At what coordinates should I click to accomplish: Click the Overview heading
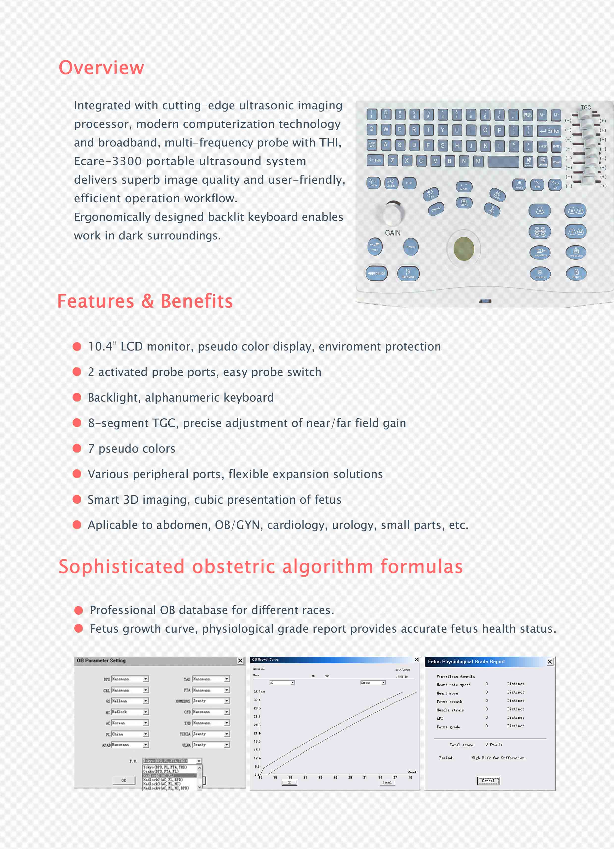pyautogui.click(x=101, y=68)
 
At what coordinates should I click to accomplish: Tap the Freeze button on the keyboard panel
pyautogui.click(x=540, y=274)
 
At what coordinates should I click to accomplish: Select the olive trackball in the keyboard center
pyautogui.click(x=464, y=249)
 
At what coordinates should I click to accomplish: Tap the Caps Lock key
pyautogui.click(x=372, y=145)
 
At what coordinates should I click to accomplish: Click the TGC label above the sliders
pyautogui.click(x=586, y=107)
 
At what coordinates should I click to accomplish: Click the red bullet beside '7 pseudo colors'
pyautogui.click(x=77, y=448)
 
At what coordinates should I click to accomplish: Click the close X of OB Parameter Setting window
pyautogui.click(x=240, y=661)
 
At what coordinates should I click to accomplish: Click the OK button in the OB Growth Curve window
pyautogui.click(x=289, y=782)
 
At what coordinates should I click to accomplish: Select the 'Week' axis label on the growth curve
pyautogui.click(x=412, y=772)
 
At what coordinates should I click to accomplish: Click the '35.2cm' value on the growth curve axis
pyautogui.click(x=259, y=692)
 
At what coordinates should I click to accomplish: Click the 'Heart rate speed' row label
pyautogui.click(x=453, y=685)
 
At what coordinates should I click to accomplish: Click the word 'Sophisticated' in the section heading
pyautogui.click(x=122, y=566)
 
